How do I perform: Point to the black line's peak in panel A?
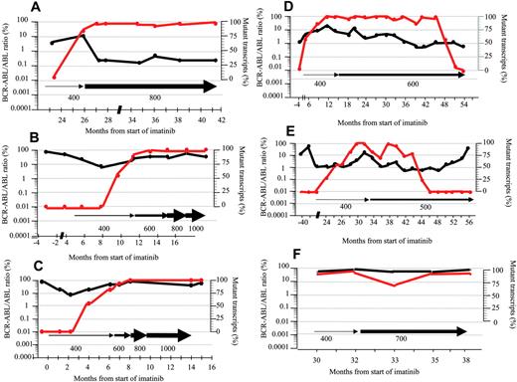point(84,36)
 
